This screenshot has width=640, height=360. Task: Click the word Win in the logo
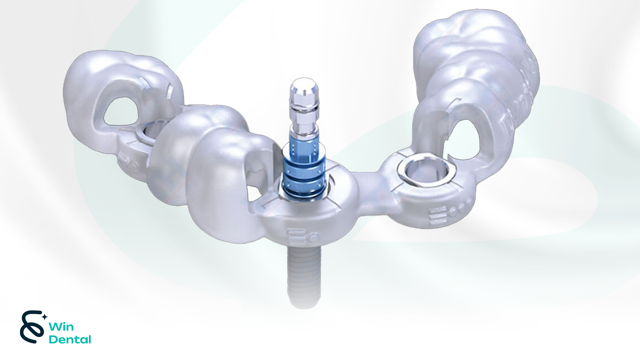[x=61, y=327]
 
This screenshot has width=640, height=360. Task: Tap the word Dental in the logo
[x=70, y=340]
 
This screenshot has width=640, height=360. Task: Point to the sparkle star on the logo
[x=44, y=317]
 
